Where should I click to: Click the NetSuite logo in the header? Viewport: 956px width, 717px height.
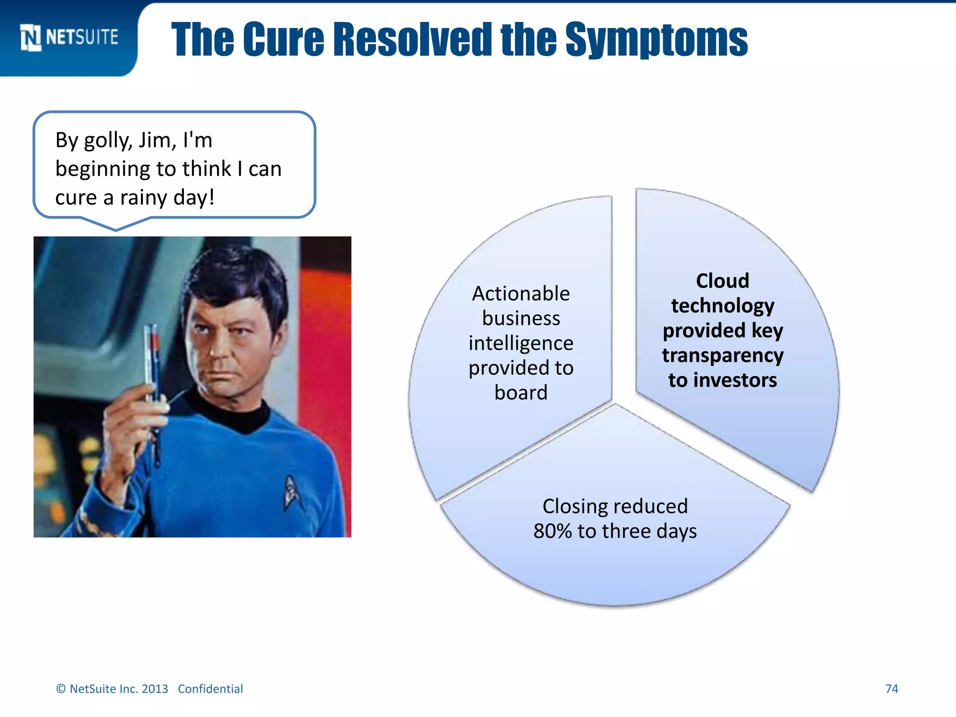click(69, 37)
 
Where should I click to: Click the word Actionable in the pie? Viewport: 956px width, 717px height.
click(521, 294)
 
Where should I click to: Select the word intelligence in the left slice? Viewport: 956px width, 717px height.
click(521, 343)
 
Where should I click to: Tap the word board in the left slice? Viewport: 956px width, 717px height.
click(521, 393)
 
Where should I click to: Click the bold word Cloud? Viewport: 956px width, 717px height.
click(722, 281)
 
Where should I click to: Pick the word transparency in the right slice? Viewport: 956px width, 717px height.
click(722, 355)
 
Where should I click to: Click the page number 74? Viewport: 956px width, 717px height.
click(892, 689)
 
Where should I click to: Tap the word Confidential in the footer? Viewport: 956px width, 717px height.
click(210, 689)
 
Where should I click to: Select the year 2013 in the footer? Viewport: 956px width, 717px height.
click(155, 689)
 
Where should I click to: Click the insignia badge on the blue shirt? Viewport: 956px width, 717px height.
click(292, 492)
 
